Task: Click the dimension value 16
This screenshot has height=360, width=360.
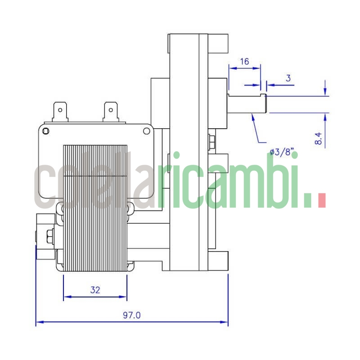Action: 244,62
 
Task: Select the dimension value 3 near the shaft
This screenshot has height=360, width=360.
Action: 288,78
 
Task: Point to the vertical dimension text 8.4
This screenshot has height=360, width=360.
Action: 319,138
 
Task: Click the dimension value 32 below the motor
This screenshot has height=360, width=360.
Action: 95,290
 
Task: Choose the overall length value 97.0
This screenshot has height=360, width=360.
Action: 132,315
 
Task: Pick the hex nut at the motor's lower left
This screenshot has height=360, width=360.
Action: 49,235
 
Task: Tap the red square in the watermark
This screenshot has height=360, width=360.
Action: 321,201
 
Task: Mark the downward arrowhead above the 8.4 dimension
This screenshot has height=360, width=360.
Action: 325,92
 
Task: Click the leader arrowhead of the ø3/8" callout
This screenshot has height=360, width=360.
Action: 253,117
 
